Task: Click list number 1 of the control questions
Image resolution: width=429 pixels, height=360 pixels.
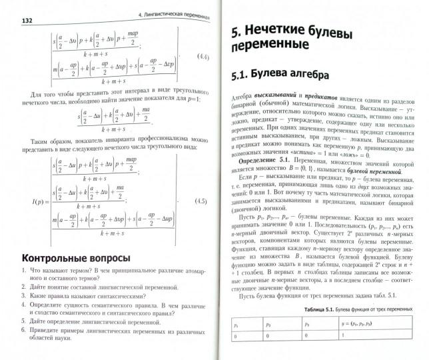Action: (x=25, y=271)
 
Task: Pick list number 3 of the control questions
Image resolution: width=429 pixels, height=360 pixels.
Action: (x=25, y=294)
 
